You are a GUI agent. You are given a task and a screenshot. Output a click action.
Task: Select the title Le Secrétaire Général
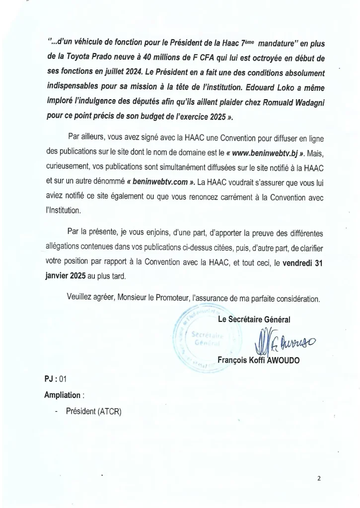point(254,319)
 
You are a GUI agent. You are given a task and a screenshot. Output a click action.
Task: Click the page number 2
point(319,479)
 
